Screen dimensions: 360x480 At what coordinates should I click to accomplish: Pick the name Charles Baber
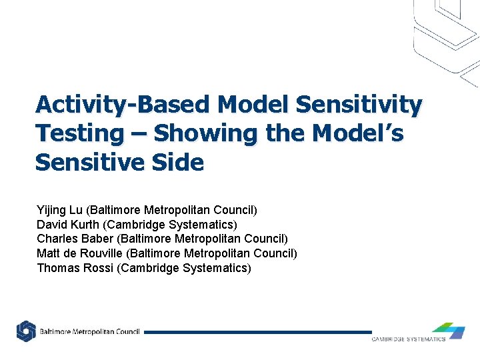click(x=75, y=239)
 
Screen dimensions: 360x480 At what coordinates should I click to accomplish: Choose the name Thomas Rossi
click(x=73, y=268)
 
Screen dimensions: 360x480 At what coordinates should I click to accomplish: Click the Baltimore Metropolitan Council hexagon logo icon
click(x=26, y=331)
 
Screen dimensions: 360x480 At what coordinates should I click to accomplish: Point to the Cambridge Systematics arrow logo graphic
click(x=448, y=329)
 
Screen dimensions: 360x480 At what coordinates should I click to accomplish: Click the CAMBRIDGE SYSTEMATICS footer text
click(x=408, y=339)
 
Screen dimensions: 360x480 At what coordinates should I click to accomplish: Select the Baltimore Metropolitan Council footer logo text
click(x=89, y=332)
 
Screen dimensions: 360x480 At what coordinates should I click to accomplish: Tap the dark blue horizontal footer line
click(x=257, y=332)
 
